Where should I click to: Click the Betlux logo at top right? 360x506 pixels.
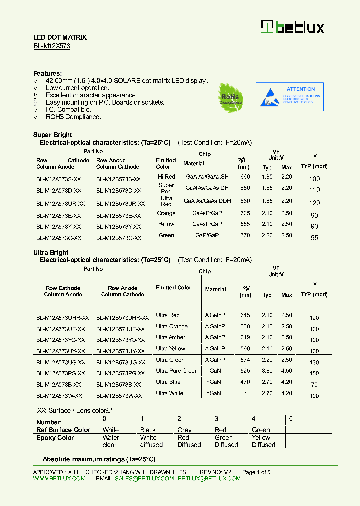click(293, 27)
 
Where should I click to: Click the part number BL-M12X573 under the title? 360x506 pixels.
click(52, 46)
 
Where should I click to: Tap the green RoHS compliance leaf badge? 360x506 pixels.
click(230, 97)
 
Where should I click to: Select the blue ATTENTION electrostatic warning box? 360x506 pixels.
click(289, 97)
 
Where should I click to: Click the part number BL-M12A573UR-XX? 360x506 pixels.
click(61, 204)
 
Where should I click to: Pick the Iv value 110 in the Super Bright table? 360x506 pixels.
click(314, 190)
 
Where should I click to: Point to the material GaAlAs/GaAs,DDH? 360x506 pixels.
click(207, 201)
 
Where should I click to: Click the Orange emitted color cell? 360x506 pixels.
click(166, 213)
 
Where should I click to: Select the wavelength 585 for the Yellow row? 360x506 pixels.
click(245, 224)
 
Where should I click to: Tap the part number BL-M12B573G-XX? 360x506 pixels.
click(119, 238)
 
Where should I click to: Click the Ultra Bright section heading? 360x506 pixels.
click(51, 252)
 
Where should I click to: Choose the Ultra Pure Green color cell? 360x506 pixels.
click(177, 371)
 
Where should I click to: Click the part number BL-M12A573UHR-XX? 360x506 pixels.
click(63, 318)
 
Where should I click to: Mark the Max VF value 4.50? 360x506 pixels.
click(286, 371)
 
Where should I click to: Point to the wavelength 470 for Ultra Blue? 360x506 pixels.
click(245, 382)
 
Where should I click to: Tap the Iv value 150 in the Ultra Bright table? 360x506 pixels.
click(314, 374)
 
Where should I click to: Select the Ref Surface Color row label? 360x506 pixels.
click(63, 430)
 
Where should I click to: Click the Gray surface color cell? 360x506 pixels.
click(184, 430)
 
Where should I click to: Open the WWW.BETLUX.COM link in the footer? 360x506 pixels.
click(59, 478)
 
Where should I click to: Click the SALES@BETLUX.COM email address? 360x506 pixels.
click(144, 478)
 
